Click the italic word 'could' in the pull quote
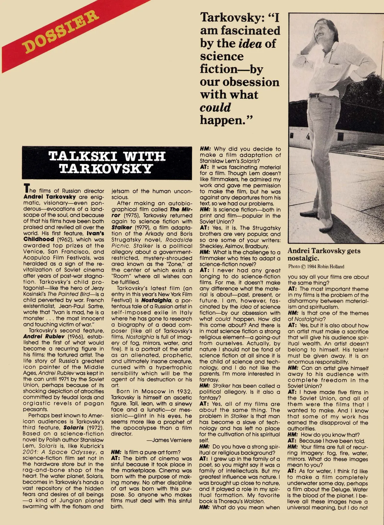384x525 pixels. [x=215, y=108]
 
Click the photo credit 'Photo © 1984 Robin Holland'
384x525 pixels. [x=316, y=267]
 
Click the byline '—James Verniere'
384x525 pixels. [x=169, y=440]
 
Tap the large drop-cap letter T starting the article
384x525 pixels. [x=26, y=189]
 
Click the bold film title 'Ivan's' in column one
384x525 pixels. [x=95, y=233]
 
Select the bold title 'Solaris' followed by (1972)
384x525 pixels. [x=73, y=428]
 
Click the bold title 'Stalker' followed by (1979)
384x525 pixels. [x=121, y=228]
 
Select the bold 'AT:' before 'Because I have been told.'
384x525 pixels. [x=292, y=441]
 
